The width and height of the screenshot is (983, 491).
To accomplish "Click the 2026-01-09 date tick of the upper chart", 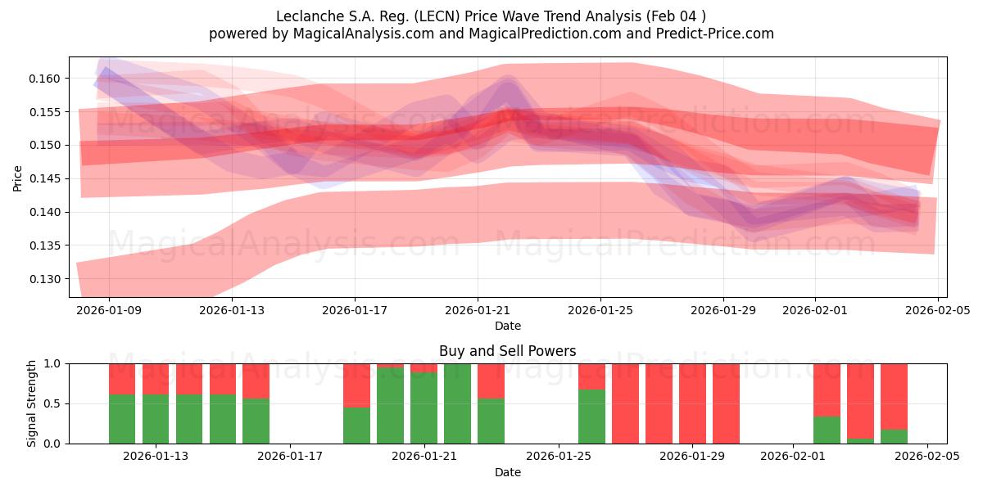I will (x=110, y=310).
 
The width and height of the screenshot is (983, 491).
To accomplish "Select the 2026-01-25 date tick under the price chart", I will (x=600, y=310).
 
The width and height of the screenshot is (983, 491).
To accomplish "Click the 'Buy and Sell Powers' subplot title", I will (x=507, y=351).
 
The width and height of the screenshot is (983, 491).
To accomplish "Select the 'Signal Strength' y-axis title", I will (x=32, y=403).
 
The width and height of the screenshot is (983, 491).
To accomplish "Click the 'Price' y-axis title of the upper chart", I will (x=18, y=178).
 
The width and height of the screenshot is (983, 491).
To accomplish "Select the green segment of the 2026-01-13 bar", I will (x=156, y=419).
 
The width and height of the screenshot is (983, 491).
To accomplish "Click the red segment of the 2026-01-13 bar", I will (x=156, y=379).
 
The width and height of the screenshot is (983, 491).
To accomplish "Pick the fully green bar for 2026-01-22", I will (x=457, y=403).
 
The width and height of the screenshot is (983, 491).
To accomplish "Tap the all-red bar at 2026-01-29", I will (x=692, y=403).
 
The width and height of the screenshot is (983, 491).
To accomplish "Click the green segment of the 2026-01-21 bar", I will (x=424, y=408).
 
